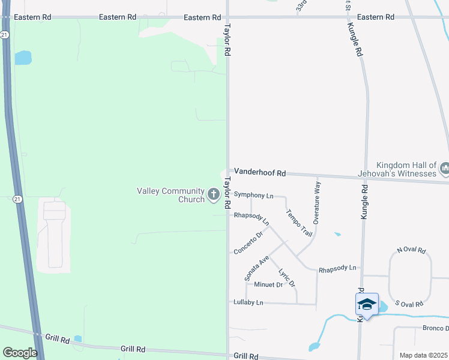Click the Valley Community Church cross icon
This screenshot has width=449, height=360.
[x=213, y=194]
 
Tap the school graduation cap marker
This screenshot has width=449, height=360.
[x=367, y=305]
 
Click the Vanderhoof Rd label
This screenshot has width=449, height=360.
[x=259, y=172]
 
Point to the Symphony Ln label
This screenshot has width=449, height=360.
[x=253, y=195]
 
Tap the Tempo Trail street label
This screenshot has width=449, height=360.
[x=299, y=223]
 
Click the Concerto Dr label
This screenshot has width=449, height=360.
[x=249, y=242]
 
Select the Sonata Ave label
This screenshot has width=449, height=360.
[x=256, y=268]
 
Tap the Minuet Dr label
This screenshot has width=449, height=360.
[x=268, y=284]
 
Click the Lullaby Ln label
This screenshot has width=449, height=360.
[x=249, y=302]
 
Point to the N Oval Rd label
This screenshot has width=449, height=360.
[x=411, y=250]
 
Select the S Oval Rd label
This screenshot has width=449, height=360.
[x=410, y=304]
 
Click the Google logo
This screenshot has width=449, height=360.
[x=20, y=353]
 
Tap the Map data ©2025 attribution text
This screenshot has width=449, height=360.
[x=423, y=355]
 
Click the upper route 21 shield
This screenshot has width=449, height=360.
[x=4, y=35]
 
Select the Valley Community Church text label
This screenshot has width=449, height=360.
[x=171, y=195]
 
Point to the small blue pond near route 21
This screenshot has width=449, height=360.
[x=23, y=58]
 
